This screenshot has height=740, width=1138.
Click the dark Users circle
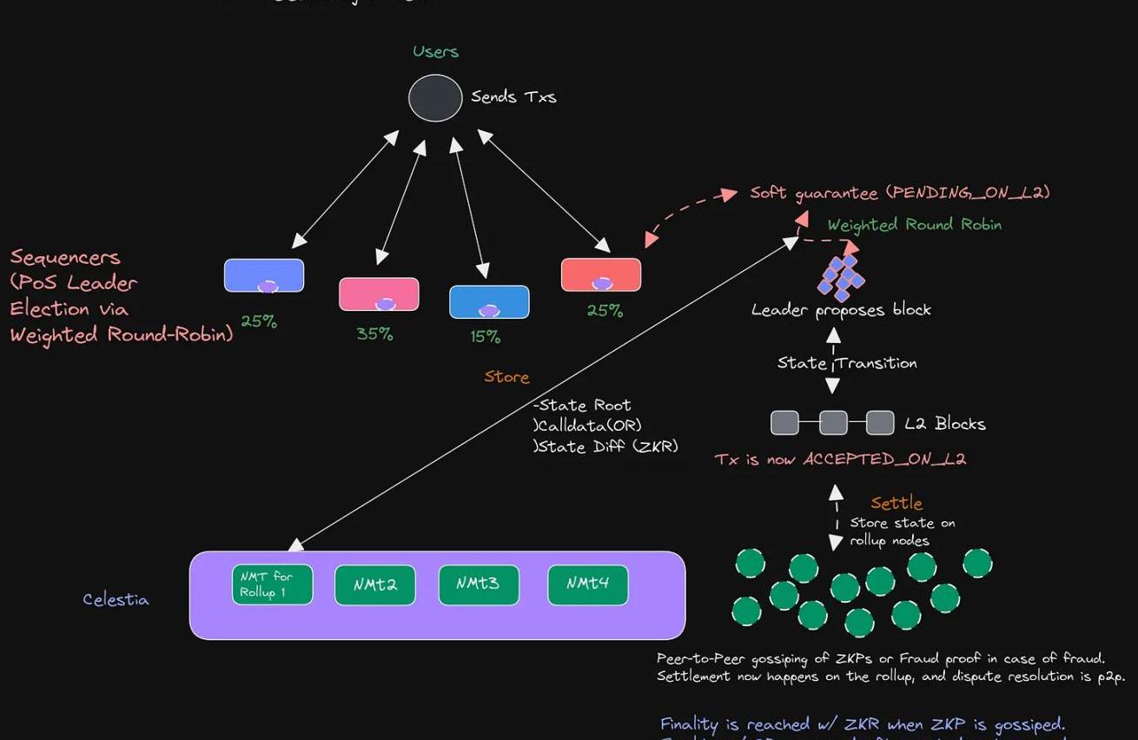[435, 98]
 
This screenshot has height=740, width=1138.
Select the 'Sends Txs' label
[513, 97]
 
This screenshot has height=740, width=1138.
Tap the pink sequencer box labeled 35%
[379, 294]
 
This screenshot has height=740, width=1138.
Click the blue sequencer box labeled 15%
[489, 301]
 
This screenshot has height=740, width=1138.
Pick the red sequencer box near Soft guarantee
[601, 274]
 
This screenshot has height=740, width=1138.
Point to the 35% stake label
[374, 334]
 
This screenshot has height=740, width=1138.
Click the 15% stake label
[485, 336]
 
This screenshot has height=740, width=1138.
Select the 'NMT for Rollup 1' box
[272, 585]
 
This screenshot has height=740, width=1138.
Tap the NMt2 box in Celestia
[375, 585]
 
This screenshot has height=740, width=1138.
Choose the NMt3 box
[479, 585]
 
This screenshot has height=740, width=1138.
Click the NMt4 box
[588, 585]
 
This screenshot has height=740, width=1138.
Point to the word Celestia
[116, 599]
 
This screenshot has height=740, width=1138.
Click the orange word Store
[506, 377]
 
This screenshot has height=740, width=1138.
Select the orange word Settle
[897, 503]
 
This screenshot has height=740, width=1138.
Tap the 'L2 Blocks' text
[945, 424]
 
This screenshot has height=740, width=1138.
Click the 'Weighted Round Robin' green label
[914, 225]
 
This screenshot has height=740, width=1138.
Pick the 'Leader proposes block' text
[841, 309]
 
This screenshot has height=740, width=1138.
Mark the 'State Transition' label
[847, 363]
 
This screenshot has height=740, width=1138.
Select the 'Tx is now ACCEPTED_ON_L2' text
[840, 459]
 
